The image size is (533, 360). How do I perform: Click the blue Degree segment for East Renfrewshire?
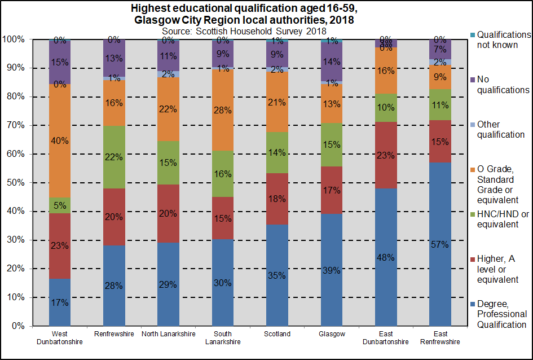441,244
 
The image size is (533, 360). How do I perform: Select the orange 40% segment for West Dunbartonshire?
60,141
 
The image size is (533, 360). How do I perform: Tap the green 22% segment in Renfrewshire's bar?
114,157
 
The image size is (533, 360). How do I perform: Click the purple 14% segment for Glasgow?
332,62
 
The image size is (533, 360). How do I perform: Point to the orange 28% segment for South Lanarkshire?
223,110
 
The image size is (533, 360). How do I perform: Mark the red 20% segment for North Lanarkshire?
169,213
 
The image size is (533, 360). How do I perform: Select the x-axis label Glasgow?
332,334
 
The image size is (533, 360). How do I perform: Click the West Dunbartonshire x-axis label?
60,337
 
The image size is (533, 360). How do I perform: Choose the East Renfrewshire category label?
441,337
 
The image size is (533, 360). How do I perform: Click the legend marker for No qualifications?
472,80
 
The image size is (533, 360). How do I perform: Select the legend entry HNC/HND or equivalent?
502,219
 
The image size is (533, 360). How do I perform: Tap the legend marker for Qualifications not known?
472,34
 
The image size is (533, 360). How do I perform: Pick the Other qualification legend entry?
501,129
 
